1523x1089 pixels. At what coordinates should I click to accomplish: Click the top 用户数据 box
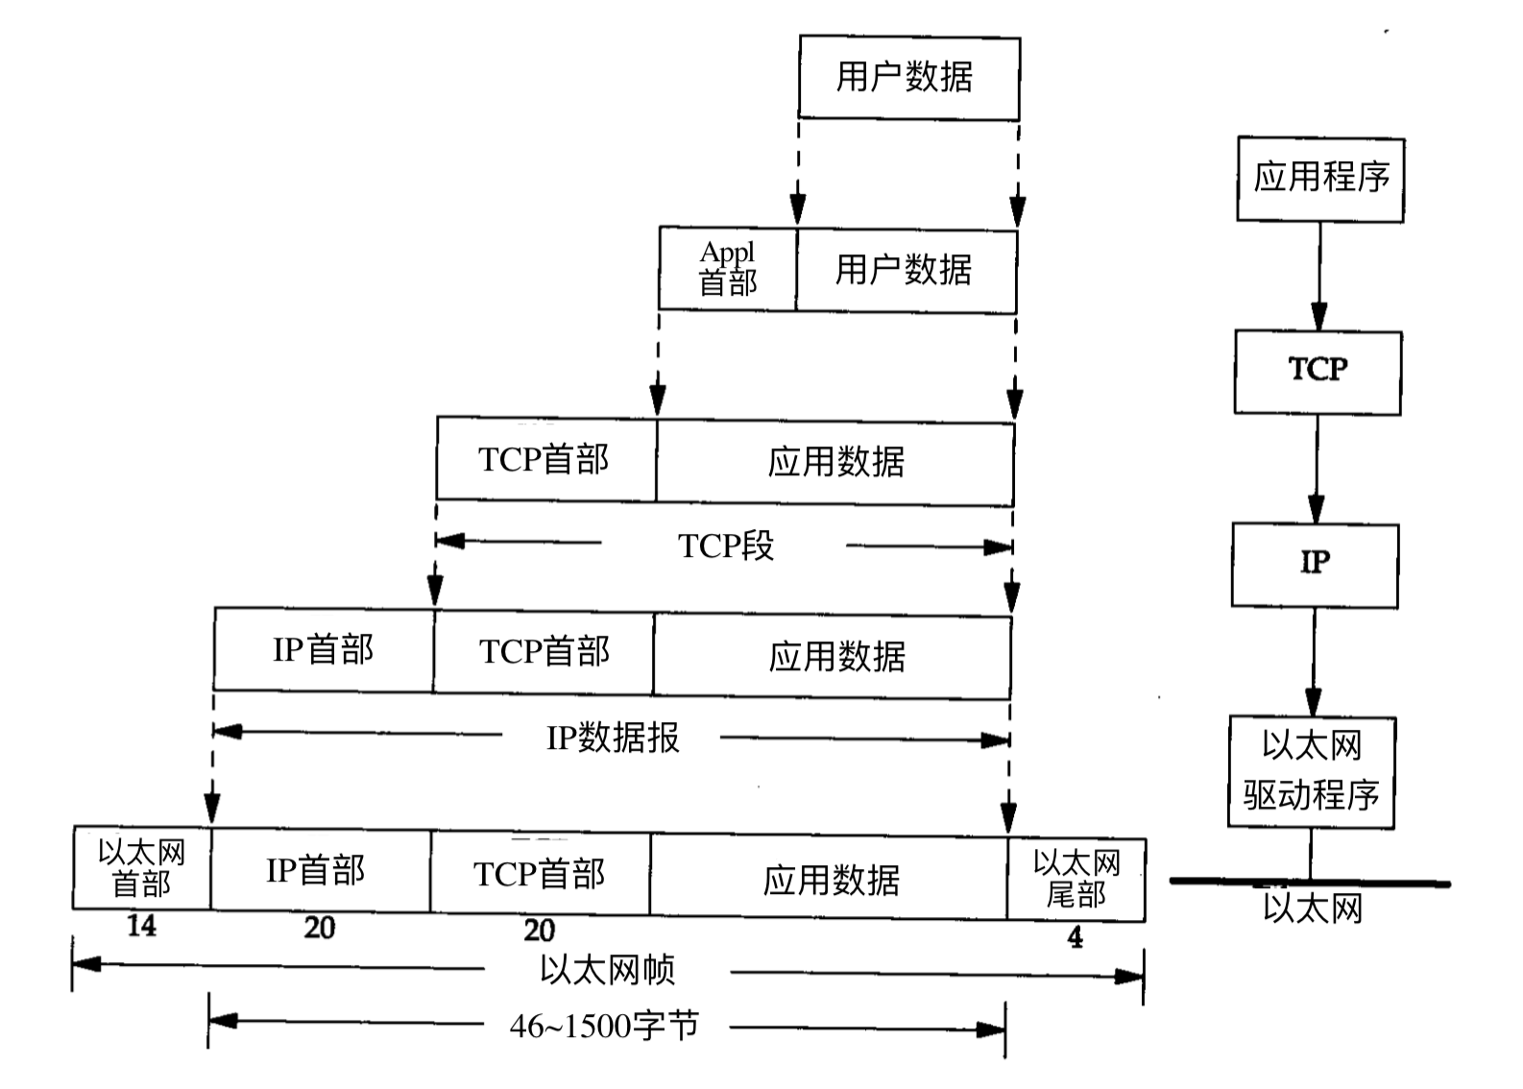(908, 78)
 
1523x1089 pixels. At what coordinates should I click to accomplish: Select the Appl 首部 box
(727, 269)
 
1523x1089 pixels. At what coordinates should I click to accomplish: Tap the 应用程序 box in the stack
(1320, 179)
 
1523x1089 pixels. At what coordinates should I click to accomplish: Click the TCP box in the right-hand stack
(1318, 372)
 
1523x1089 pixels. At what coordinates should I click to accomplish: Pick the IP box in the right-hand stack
(1315, 564)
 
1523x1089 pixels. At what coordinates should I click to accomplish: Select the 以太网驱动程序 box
(1312, 771)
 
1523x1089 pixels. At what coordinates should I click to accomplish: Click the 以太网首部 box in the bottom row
(141, 867)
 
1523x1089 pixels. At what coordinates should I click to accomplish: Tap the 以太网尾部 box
(1076, 879)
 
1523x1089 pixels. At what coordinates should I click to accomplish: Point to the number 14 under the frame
(141, 927)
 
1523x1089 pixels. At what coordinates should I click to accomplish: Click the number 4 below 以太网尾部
(1075, 937)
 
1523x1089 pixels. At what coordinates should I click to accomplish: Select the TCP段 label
(725, 545)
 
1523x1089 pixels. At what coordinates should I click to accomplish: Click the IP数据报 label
(613, 738)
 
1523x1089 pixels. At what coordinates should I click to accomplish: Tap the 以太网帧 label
(607, 970)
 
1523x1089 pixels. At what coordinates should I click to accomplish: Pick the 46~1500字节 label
(605, 1027)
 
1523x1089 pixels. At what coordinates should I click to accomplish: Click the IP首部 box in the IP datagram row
(323, 650)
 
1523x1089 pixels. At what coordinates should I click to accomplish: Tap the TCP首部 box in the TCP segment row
(544, 459)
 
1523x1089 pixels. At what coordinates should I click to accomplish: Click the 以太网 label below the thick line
(1312, 908)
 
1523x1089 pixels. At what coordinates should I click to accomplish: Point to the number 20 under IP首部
(320, 928)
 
